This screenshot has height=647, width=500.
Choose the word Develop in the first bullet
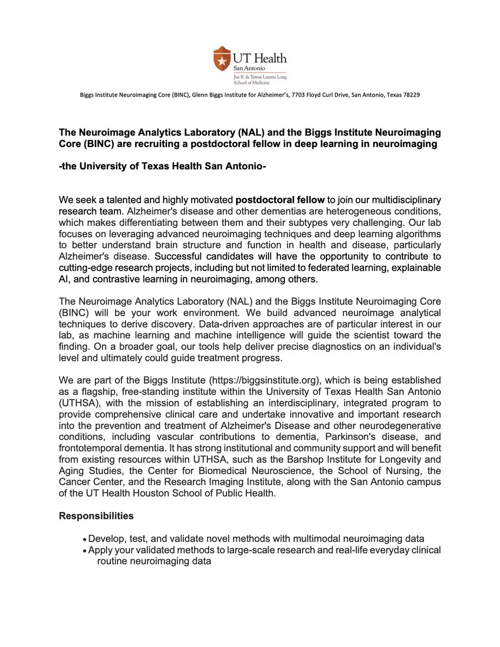pos(106,539)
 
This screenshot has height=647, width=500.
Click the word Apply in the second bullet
pos(100,550)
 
